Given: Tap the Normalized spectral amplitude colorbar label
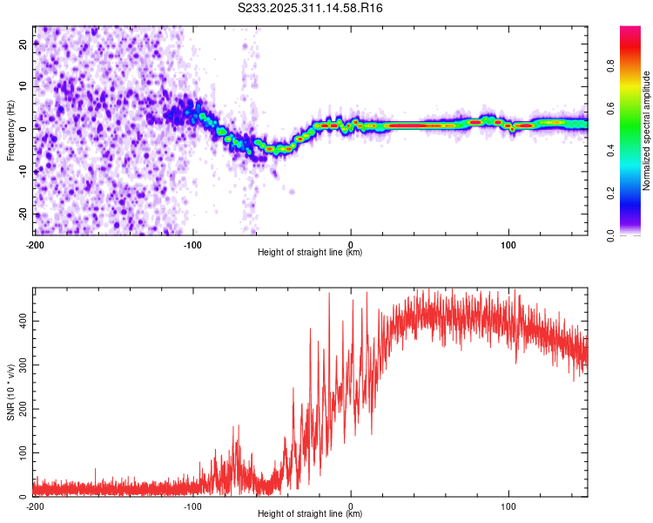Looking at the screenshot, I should click(x=647, y=131).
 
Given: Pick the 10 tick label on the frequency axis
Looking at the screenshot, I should click(x=24, y=86).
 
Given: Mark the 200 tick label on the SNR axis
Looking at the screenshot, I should click(x=22, y=409).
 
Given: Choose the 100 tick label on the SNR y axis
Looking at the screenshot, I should click(x=22, y=453).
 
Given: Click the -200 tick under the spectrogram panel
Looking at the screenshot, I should click(x=35, y=243).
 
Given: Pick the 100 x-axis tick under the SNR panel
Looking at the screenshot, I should click(x=508, y=506).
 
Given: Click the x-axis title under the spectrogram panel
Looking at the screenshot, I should click(x=310, y=253).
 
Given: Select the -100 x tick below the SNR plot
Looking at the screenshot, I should click(x=192, y=506).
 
